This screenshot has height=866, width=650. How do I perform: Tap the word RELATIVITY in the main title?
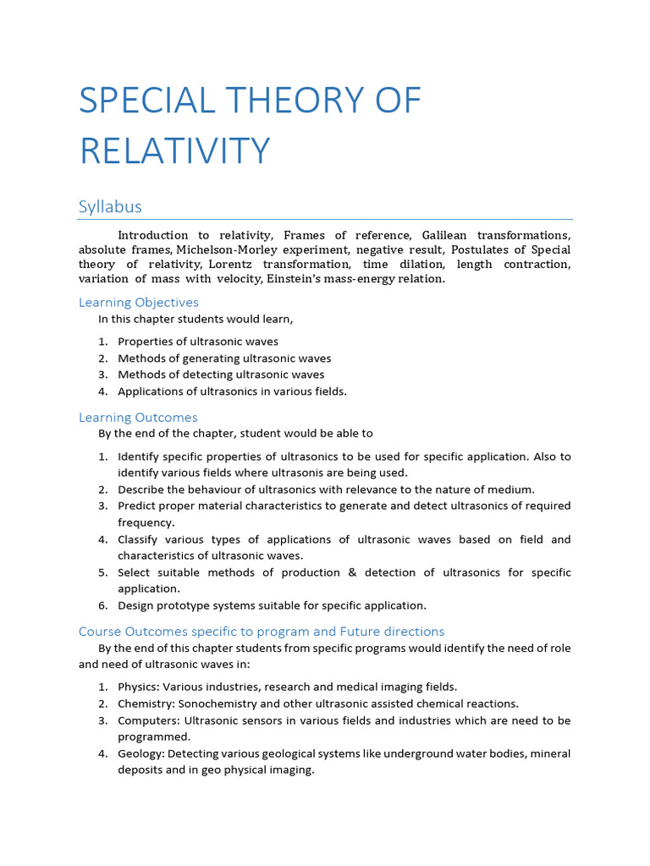[174, 151]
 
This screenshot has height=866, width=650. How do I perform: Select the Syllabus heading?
[110, 206]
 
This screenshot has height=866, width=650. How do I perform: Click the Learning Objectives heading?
[139, 302]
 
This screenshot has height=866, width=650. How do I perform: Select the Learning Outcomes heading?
[138, 417]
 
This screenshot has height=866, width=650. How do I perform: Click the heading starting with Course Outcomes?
[261, 631]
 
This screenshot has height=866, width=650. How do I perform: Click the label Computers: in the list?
[147, 721]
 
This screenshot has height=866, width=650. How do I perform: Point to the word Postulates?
[481, 249]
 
